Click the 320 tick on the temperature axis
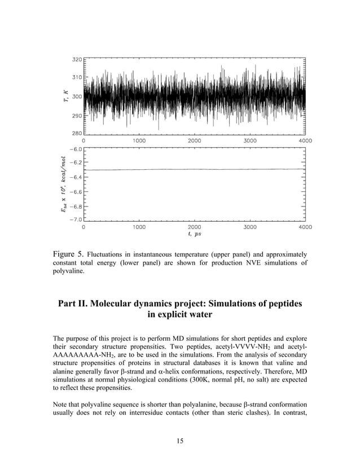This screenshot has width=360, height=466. click(76, 59)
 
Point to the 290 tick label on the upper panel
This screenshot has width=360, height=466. click(76, 116)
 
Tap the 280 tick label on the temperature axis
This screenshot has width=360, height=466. click(76, 134)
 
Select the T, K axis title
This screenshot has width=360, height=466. click(65, 96)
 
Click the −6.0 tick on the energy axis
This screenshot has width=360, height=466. click(75, 150)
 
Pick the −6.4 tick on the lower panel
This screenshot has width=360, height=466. click(75, 177)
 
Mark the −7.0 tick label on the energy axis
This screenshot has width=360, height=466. click(75, 219)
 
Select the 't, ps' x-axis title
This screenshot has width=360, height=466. click(195, 234)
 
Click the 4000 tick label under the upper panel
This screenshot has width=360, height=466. click(305, 140)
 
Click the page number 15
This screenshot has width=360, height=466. click(180, 440)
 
